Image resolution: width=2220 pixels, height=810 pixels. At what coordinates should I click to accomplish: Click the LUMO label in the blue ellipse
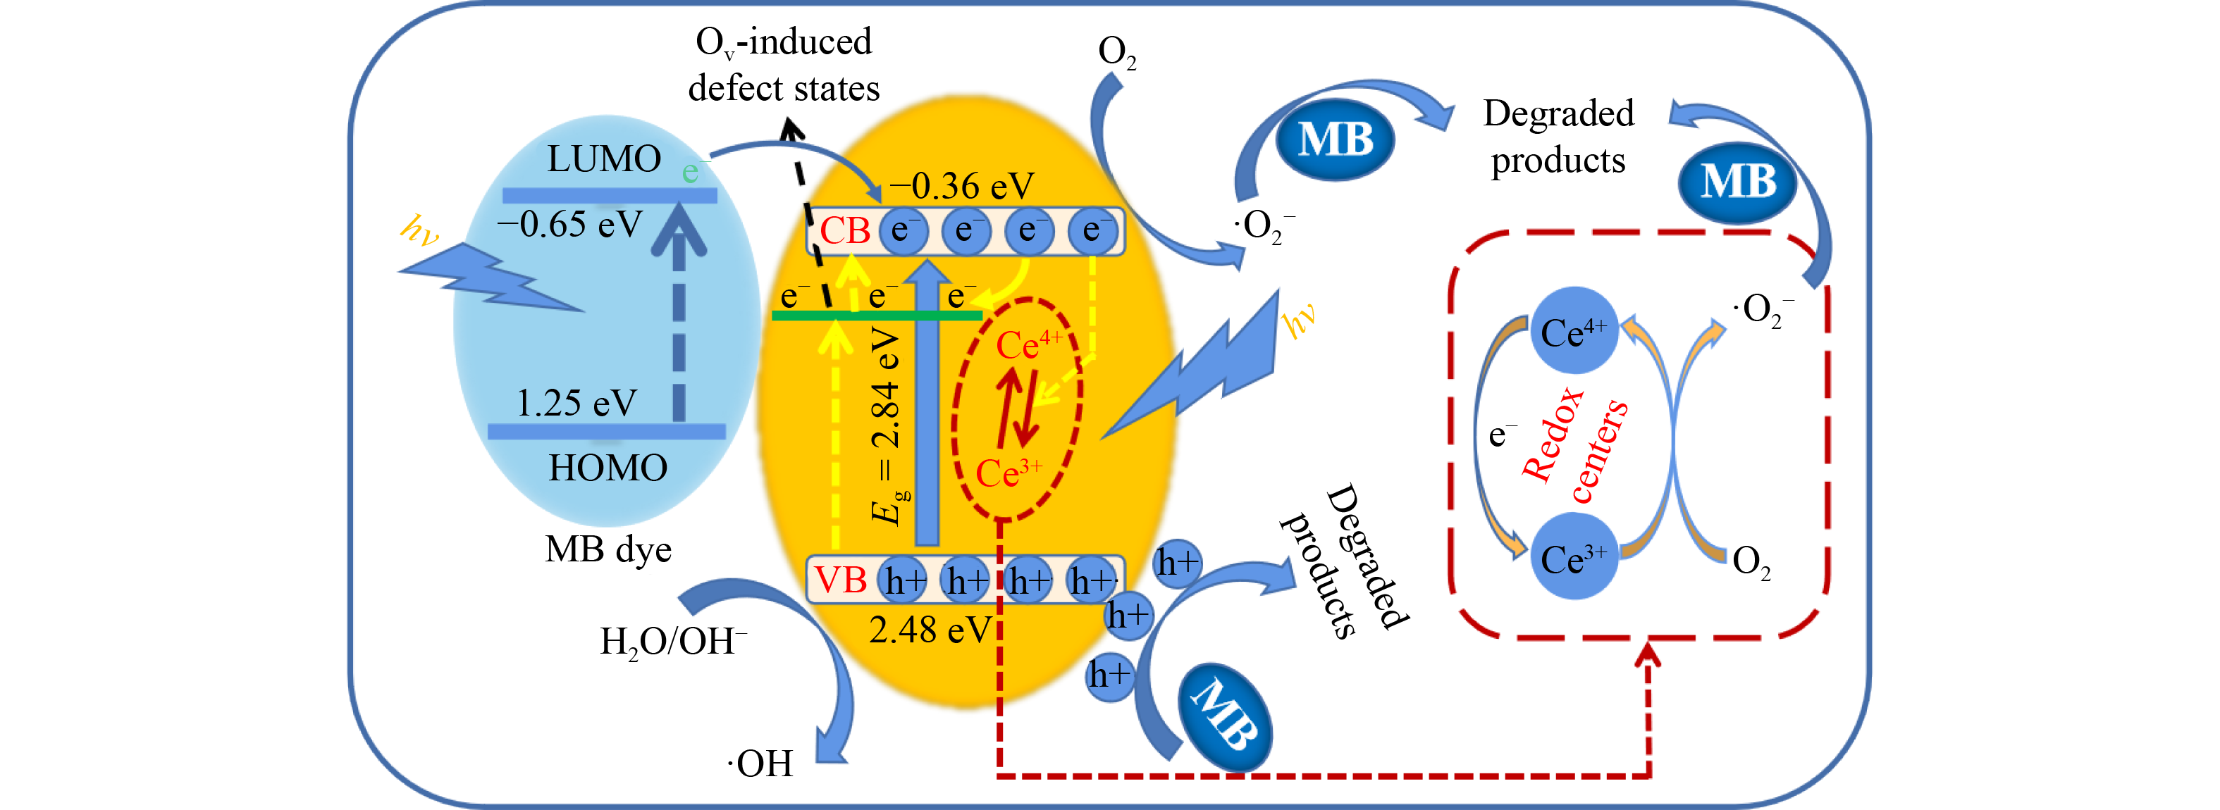(x=604, y=158)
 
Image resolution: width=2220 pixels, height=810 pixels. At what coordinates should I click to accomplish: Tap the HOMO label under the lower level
(x=608, y=468)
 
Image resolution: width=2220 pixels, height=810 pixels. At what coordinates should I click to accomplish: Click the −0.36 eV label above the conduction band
(x=961, y=185)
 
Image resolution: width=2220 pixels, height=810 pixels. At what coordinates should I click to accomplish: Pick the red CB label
(x=844, y=231)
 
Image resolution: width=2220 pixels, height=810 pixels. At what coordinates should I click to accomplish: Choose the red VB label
(x=840, y=580)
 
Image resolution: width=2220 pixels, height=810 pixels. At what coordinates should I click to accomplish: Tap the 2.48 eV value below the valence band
(x=930, y=630)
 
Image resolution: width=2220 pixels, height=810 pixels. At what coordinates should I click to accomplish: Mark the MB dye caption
(x=608, y=549)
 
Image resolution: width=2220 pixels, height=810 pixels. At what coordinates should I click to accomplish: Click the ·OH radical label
(x=760, y=764)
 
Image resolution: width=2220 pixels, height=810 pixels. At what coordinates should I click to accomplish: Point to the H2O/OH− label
(x=673, y=642)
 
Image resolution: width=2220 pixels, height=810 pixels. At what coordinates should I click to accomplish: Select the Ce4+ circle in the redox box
(x=1574, y=332)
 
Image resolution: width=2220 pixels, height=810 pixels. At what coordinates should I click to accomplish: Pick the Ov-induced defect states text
(x=784, y=65)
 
